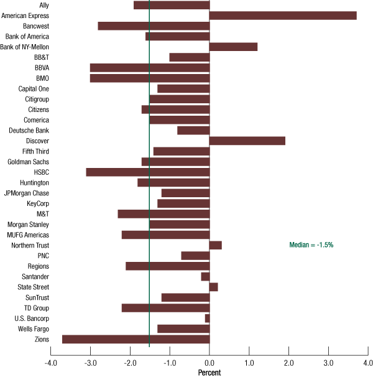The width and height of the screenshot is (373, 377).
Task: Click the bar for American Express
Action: [283, 16]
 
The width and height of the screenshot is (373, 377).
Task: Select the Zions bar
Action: [136, 339]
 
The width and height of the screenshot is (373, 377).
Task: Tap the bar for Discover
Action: [247, 141]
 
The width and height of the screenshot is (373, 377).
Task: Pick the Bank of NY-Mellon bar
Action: [233, 47]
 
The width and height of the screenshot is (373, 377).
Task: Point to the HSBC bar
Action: [147, 172]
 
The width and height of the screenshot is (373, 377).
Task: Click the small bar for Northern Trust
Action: [215, 245]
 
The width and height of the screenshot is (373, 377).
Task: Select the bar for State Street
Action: [213, 287]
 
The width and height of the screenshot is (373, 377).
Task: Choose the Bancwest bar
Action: [154, 26]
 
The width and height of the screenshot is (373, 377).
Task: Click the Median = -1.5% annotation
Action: [311, 245]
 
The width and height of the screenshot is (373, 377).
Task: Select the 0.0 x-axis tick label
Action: [210, 363]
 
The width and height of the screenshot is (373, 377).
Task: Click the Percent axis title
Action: [209, 373]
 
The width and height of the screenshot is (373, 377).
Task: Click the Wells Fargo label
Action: [49, 328]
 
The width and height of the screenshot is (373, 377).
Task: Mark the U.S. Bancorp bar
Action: [207, 318]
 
